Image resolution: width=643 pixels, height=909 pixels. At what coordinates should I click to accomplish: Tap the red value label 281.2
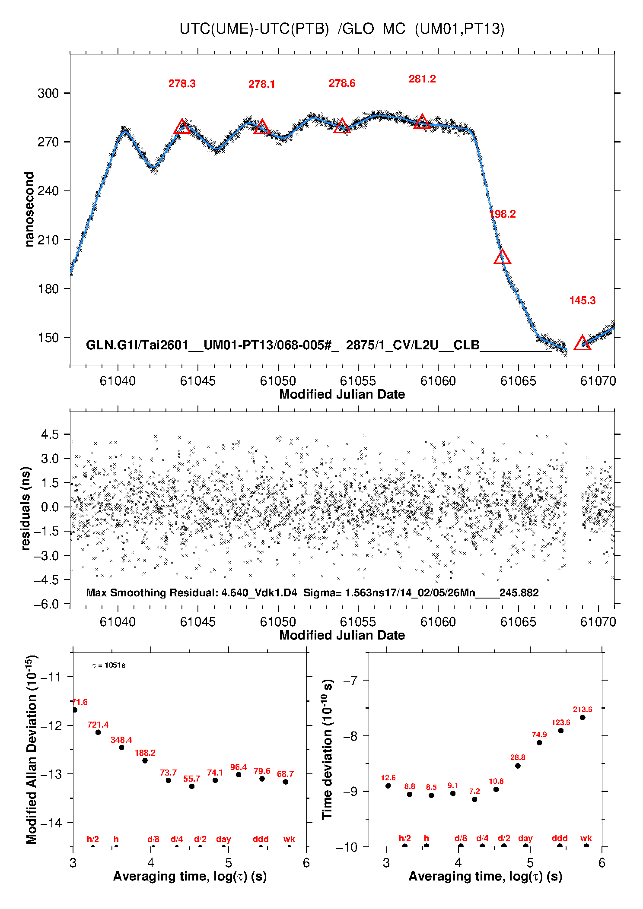pyautogui.click(x=422, y=79)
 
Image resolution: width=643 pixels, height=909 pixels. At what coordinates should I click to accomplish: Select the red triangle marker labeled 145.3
pyautogui.click(x=582, y=343)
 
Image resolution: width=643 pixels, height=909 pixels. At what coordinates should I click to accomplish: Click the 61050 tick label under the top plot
pyautogui.click(x=278, y=381)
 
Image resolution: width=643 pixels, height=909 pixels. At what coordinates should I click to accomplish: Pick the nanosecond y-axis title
pyautogui.click(x=29, y=209)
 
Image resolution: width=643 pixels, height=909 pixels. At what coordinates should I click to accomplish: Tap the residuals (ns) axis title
pyautogui.click(x=26, y=508)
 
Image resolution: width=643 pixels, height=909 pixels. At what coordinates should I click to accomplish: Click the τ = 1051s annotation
pyautogui.click(x=109, y=665)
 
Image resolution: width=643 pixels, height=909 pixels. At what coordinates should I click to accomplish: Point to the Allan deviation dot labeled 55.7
pyautogui.click(x=192, y=786)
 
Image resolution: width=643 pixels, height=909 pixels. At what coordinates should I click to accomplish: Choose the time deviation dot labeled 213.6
pyautogui.click(x=583, y=717)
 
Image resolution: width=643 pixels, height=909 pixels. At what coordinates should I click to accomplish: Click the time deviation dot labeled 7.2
pyautogui.click(x=474, y=799)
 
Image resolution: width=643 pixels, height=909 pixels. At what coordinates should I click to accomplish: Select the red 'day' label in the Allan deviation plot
pyautogui.click(x=223, y=839)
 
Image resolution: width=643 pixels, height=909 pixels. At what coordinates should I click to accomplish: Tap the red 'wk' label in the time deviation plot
pyautogui.click(x=586, y=838)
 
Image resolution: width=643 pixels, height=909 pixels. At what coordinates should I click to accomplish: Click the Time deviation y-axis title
pyautogui.click(x=327, y=749)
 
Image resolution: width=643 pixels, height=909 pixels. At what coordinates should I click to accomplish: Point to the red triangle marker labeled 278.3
pyautogui.click(x=182, y=127)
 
